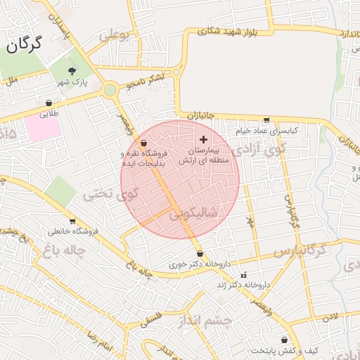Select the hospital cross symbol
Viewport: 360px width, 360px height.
[204, 140]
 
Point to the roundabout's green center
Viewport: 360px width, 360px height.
[110, 90]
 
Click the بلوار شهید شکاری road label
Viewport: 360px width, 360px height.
[219, 31]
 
